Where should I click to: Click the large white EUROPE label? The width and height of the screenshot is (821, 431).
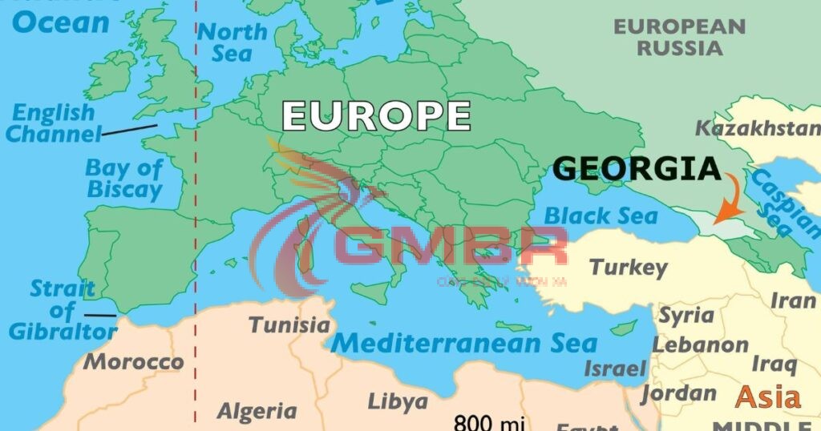tap(376, 115)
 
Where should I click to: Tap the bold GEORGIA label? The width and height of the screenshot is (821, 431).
tap(637, 169)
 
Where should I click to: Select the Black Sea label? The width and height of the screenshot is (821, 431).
tap(601, 215)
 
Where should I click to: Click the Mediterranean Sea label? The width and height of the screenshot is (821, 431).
tap(464, 343)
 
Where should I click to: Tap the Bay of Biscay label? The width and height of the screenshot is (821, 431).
tap(124, 179)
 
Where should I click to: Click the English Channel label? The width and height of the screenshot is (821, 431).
tap(54, 123)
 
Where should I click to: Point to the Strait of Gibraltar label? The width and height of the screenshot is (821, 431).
tap(63, 310)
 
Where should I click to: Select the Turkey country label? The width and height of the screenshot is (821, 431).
tap(628, 267)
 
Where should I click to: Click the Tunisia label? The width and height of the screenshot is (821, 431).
tap(289, 324)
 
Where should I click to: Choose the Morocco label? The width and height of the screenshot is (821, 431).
tap(134, 361)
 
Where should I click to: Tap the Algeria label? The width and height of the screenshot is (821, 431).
tap(257, 411)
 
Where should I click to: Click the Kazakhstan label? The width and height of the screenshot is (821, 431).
tap(758, 127)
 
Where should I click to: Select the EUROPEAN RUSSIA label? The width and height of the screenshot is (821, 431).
tap(679, 37)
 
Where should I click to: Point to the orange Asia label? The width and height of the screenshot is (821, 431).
tap(768, 397)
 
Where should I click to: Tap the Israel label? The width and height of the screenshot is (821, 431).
tap(615, 369)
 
